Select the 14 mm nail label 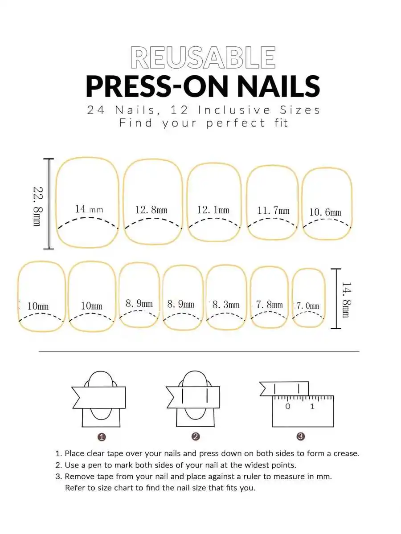point(89,209)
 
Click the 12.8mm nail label point(151,210)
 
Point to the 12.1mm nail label point(213,210)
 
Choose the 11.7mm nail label point(273,211)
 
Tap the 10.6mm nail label point(325,212)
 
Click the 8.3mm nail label point(226,305)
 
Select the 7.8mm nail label point(270,305)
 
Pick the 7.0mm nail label point(307,306)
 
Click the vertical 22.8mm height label point(37,206)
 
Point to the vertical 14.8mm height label point(347,299)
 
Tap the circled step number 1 point(101,437)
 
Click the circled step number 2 point(195,436)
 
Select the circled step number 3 point(300,436)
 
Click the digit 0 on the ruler point(287,406)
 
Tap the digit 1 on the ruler point(312,406)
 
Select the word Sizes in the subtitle point(300,110)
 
